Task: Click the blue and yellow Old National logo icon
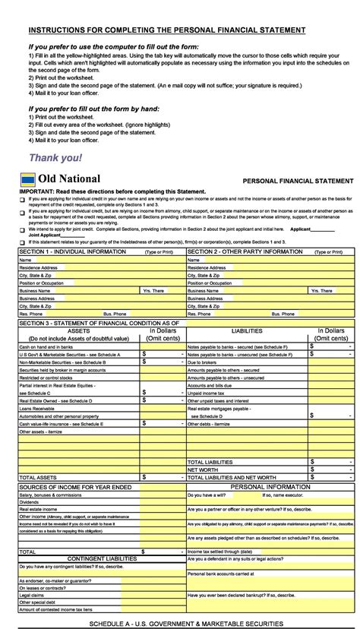point(28,179)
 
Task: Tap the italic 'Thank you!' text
point(55,158)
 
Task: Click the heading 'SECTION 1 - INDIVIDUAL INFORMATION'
point(73,251)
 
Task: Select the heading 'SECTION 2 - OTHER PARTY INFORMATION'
point(245,251)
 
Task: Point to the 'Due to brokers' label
point(204,362)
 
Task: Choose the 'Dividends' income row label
point(30,501)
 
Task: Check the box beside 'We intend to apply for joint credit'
point(23,228)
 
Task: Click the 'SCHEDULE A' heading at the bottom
point(186,623)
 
